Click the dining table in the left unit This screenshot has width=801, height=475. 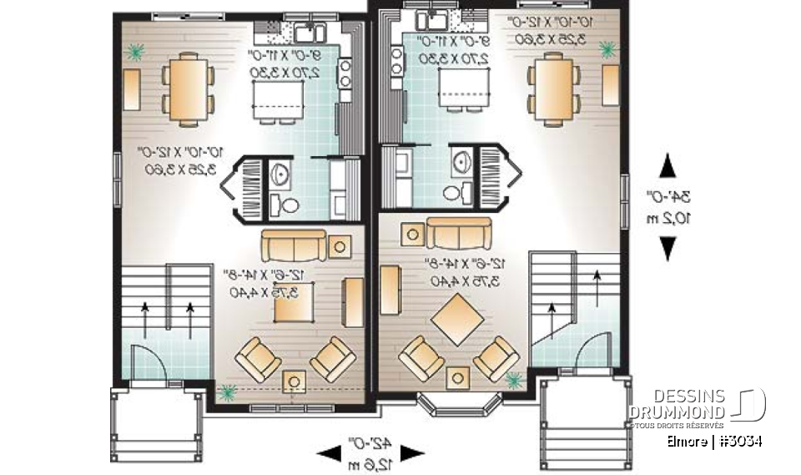click(x=188, y=87)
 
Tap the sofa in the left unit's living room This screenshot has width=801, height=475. click(x=295, y=245)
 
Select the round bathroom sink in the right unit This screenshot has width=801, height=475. click(x=461, y=162)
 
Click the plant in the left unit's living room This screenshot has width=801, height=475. click(x=226, y=390)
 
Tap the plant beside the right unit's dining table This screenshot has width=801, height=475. click(x=607, y=51)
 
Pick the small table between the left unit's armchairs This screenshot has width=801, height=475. click(x=294, y=382)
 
